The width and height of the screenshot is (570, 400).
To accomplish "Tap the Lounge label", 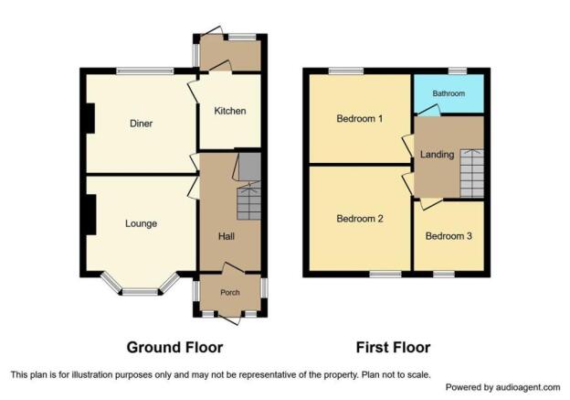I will tap(141, 223).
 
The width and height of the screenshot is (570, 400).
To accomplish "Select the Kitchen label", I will tap(230, 112).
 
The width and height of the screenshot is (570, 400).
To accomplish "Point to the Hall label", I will tap(227, 236).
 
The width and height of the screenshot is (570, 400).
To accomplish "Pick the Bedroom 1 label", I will tap(359, 119).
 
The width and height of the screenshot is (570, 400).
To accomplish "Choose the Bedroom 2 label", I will tap(359, 219).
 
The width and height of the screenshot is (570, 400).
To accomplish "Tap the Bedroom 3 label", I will tap(449, 236).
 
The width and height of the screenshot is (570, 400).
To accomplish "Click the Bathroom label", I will tap(449, 94).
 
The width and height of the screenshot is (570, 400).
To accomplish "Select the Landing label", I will tap(437, 155).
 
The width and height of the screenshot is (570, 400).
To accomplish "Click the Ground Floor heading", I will tap(174, 348).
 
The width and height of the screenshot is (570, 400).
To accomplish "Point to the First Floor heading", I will tap(393, 348).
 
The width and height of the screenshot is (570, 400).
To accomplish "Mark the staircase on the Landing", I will tap(471, 174).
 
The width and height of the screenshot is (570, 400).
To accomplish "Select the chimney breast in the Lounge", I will tap(90, 214).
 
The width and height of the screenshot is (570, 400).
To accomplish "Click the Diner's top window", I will tap(144, 70).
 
